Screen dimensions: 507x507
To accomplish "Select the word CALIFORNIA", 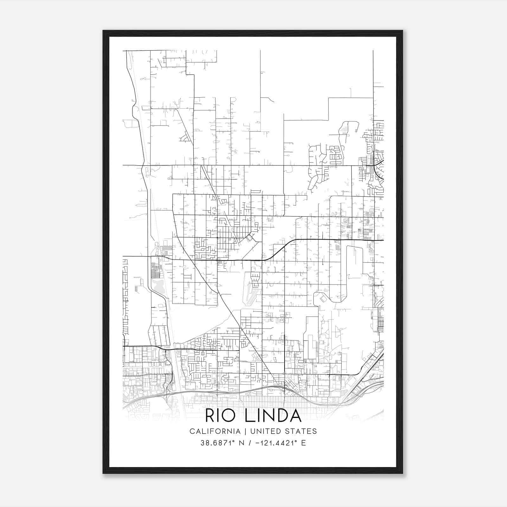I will (x=215, y=431).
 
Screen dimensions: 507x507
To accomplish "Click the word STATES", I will (x=303, y=431).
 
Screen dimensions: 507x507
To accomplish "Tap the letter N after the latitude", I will (x=241, y=443).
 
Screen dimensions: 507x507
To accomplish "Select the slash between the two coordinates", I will (x=250, y=443).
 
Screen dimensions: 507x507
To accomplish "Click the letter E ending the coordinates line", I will (x=304, y=443).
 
